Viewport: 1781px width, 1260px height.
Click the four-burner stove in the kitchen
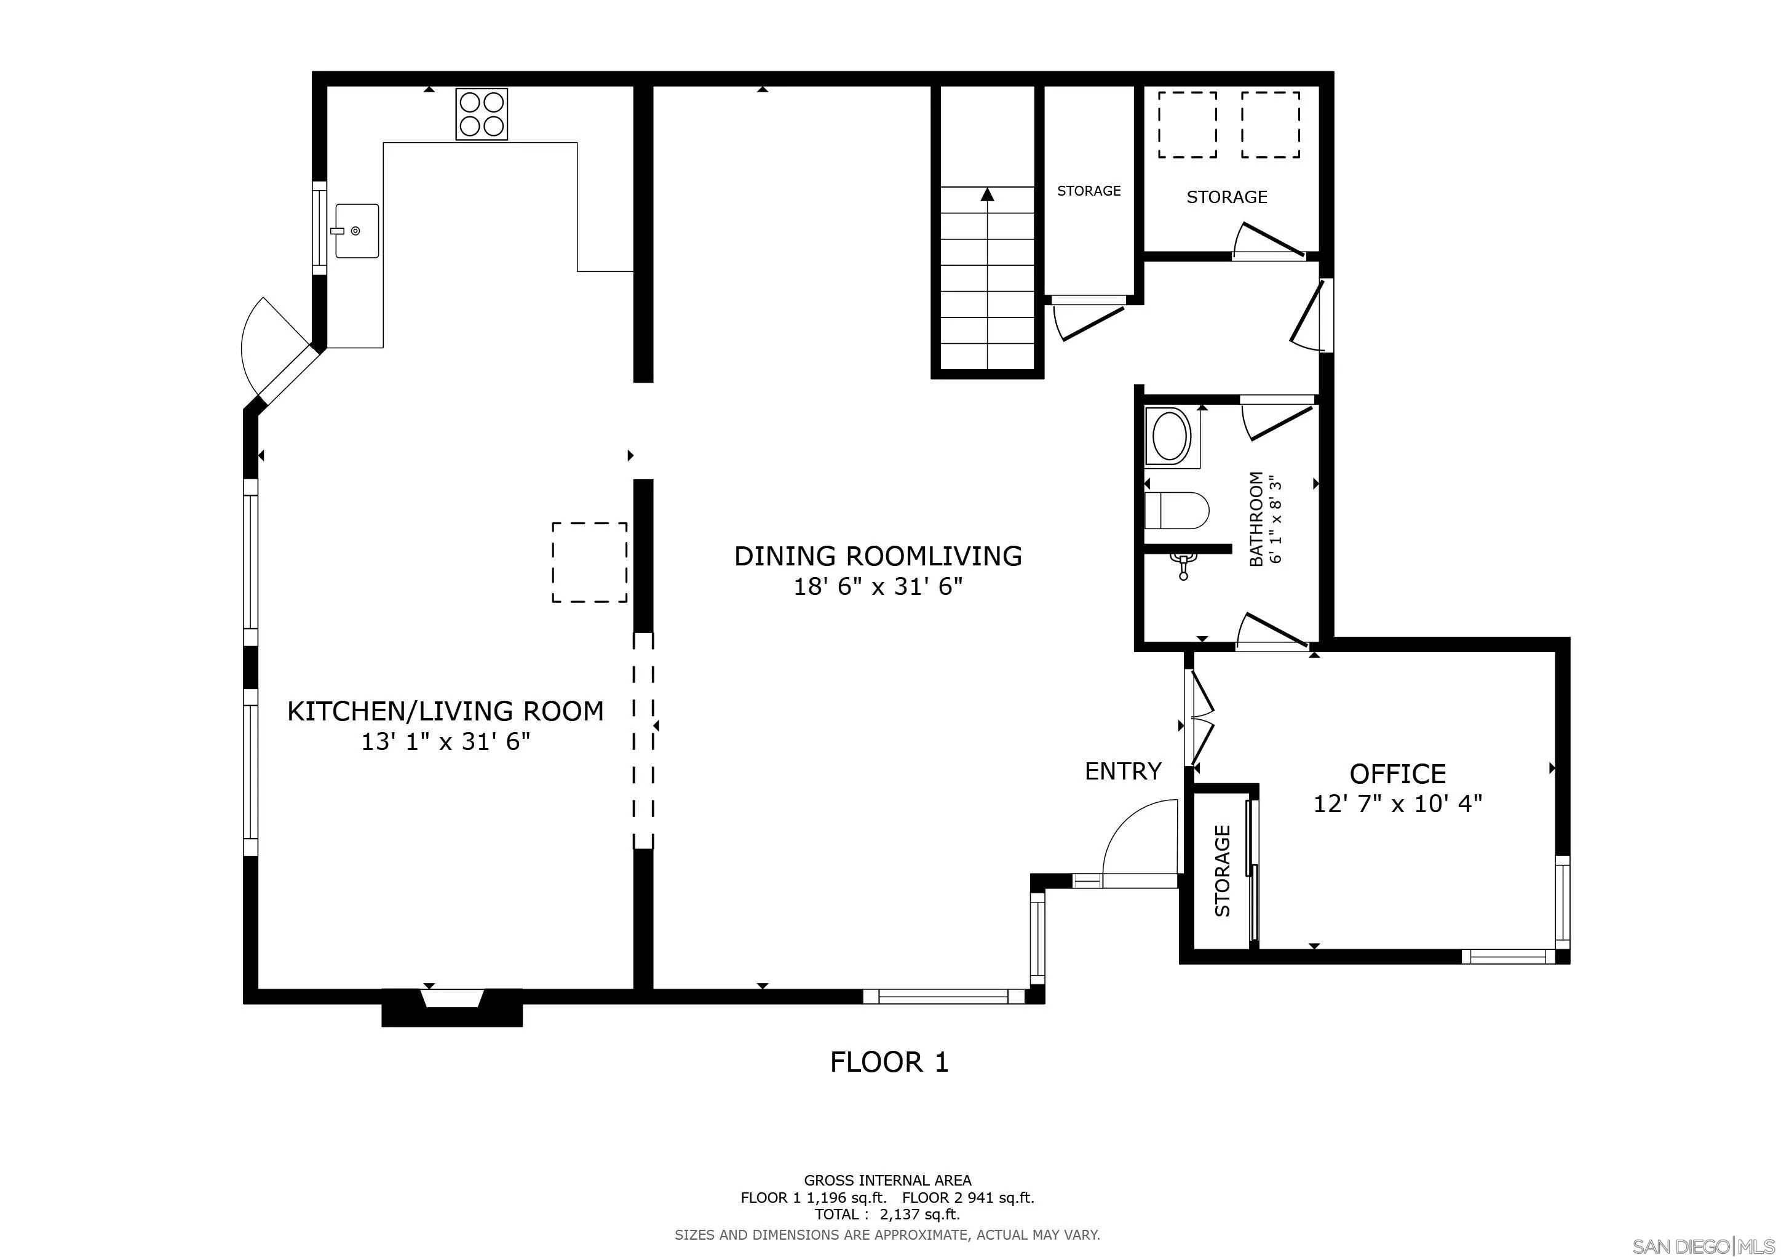(x=482, y=114)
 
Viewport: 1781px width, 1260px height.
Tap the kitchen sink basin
(x=357, y=231)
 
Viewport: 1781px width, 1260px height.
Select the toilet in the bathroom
(x=1176, y=511)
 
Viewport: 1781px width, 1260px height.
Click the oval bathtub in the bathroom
(x=1172, y=437)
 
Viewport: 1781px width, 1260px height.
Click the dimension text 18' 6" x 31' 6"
(x=878, y=586)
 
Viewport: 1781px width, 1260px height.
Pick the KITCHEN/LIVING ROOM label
(x=445, y=711)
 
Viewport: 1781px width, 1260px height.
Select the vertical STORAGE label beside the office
(x=1223, y=871)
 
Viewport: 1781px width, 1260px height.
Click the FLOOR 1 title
(x=889, y=1061)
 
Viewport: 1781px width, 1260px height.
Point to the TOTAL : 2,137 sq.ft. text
(x=887, y=1214)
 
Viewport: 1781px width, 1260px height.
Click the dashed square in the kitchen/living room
(x=590, y=562)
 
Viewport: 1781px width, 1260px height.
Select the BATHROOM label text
(x=1256, y=518)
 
